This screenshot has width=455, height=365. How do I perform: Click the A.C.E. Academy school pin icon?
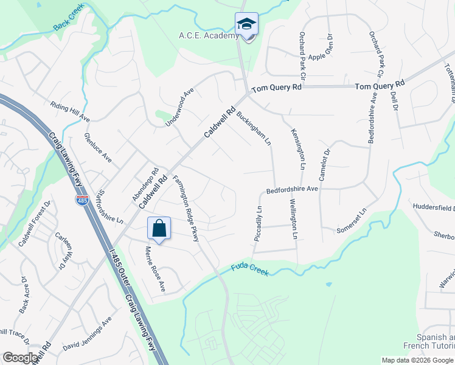click(x=246, y=25)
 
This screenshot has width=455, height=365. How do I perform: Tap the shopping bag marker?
click(x=159, y=229)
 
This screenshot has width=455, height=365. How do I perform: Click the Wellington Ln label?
click(x=294, y=218)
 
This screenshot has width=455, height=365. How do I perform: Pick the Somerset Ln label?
click(x=352, y=221)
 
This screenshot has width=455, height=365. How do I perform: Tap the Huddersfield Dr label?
click(x=433, y=207)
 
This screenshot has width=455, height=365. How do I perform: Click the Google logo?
click(x=21, y=358)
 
